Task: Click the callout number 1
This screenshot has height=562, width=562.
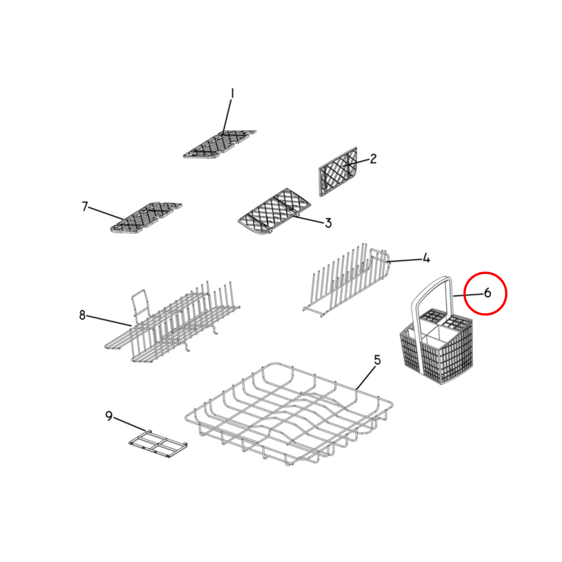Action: [232, 94]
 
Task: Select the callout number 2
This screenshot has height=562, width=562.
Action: [373, 159]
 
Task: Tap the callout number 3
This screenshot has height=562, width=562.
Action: [328, 223]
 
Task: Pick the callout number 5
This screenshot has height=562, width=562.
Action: [377, 360]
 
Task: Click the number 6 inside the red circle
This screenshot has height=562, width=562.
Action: [487, 293]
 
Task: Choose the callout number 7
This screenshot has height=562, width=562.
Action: [85, 207]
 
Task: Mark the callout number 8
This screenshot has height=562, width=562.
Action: [82, 315]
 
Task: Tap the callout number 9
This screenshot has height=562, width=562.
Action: [109, 416]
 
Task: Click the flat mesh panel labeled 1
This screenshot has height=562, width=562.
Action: [219, 144]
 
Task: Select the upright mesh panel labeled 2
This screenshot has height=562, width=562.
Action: [338, 172]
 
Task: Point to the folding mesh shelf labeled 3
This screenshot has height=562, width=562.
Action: [274, 212]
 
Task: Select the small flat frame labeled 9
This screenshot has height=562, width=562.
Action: [158, 444]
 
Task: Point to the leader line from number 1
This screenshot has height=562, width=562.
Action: [227, 117]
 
